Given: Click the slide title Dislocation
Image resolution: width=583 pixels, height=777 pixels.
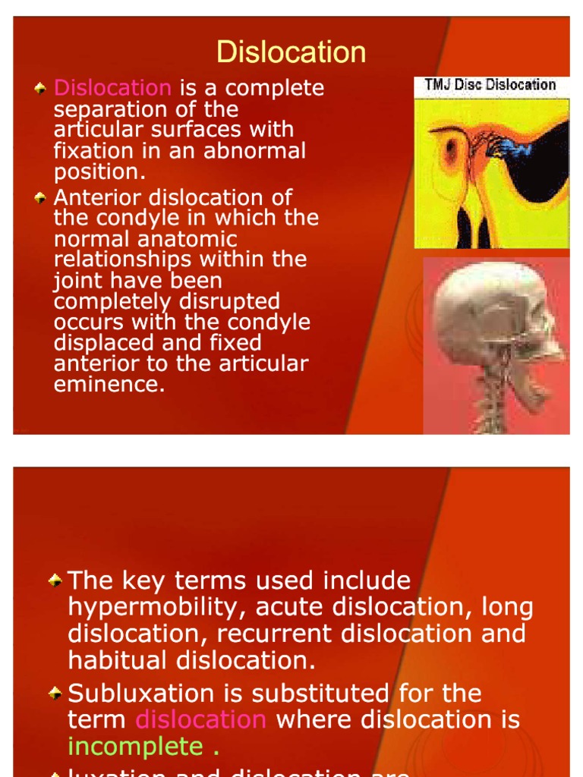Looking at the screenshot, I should pyautogui.click(x=291, y=52).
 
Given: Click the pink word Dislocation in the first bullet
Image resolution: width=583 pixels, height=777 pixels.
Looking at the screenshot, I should pyautogui.click(x=112, y=88).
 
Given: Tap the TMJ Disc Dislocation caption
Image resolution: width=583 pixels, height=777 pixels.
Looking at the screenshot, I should pyautogui.click(x=490, y=85).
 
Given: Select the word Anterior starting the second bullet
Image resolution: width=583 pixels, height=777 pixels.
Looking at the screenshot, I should pyautogui.click(x=99, y=198).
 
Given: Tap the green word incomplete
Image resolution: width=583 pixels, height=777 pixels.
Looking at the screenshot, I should pyautogui.click(x=136, y=747).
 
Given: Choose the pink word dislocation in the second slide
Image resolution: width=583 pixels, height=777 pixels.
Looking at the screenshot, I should pyautogui.click(x=200, y=719).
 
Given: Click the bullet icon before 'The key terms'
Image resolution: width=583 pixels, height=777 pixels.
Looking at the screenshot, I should pyautogui.click(x=55, y=580).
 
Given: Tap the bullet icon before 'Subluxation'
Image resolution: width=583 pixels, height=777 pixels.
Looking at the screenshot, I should pyautogui.click(x=55, y=693).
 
